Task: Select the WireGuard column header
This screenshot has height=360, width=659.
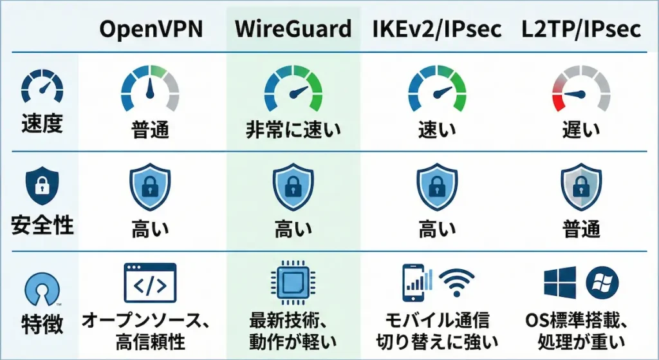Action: (293, 29)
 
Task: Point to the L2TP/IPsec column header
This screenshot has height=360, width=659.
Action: (582, 29)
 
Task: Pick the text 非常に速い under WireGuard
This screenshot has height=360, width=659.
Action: (293, 131)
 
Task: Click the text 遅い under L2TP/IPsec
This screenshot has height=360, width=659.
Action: (581, 131)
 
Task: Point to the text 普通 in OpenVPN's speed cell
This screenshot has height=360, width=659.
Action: (149, 131)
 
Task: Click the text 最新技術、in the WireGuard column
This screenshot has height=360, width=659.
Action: (293, 319)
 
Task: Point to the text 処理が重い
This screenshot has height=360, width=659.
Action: (582, 339)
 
